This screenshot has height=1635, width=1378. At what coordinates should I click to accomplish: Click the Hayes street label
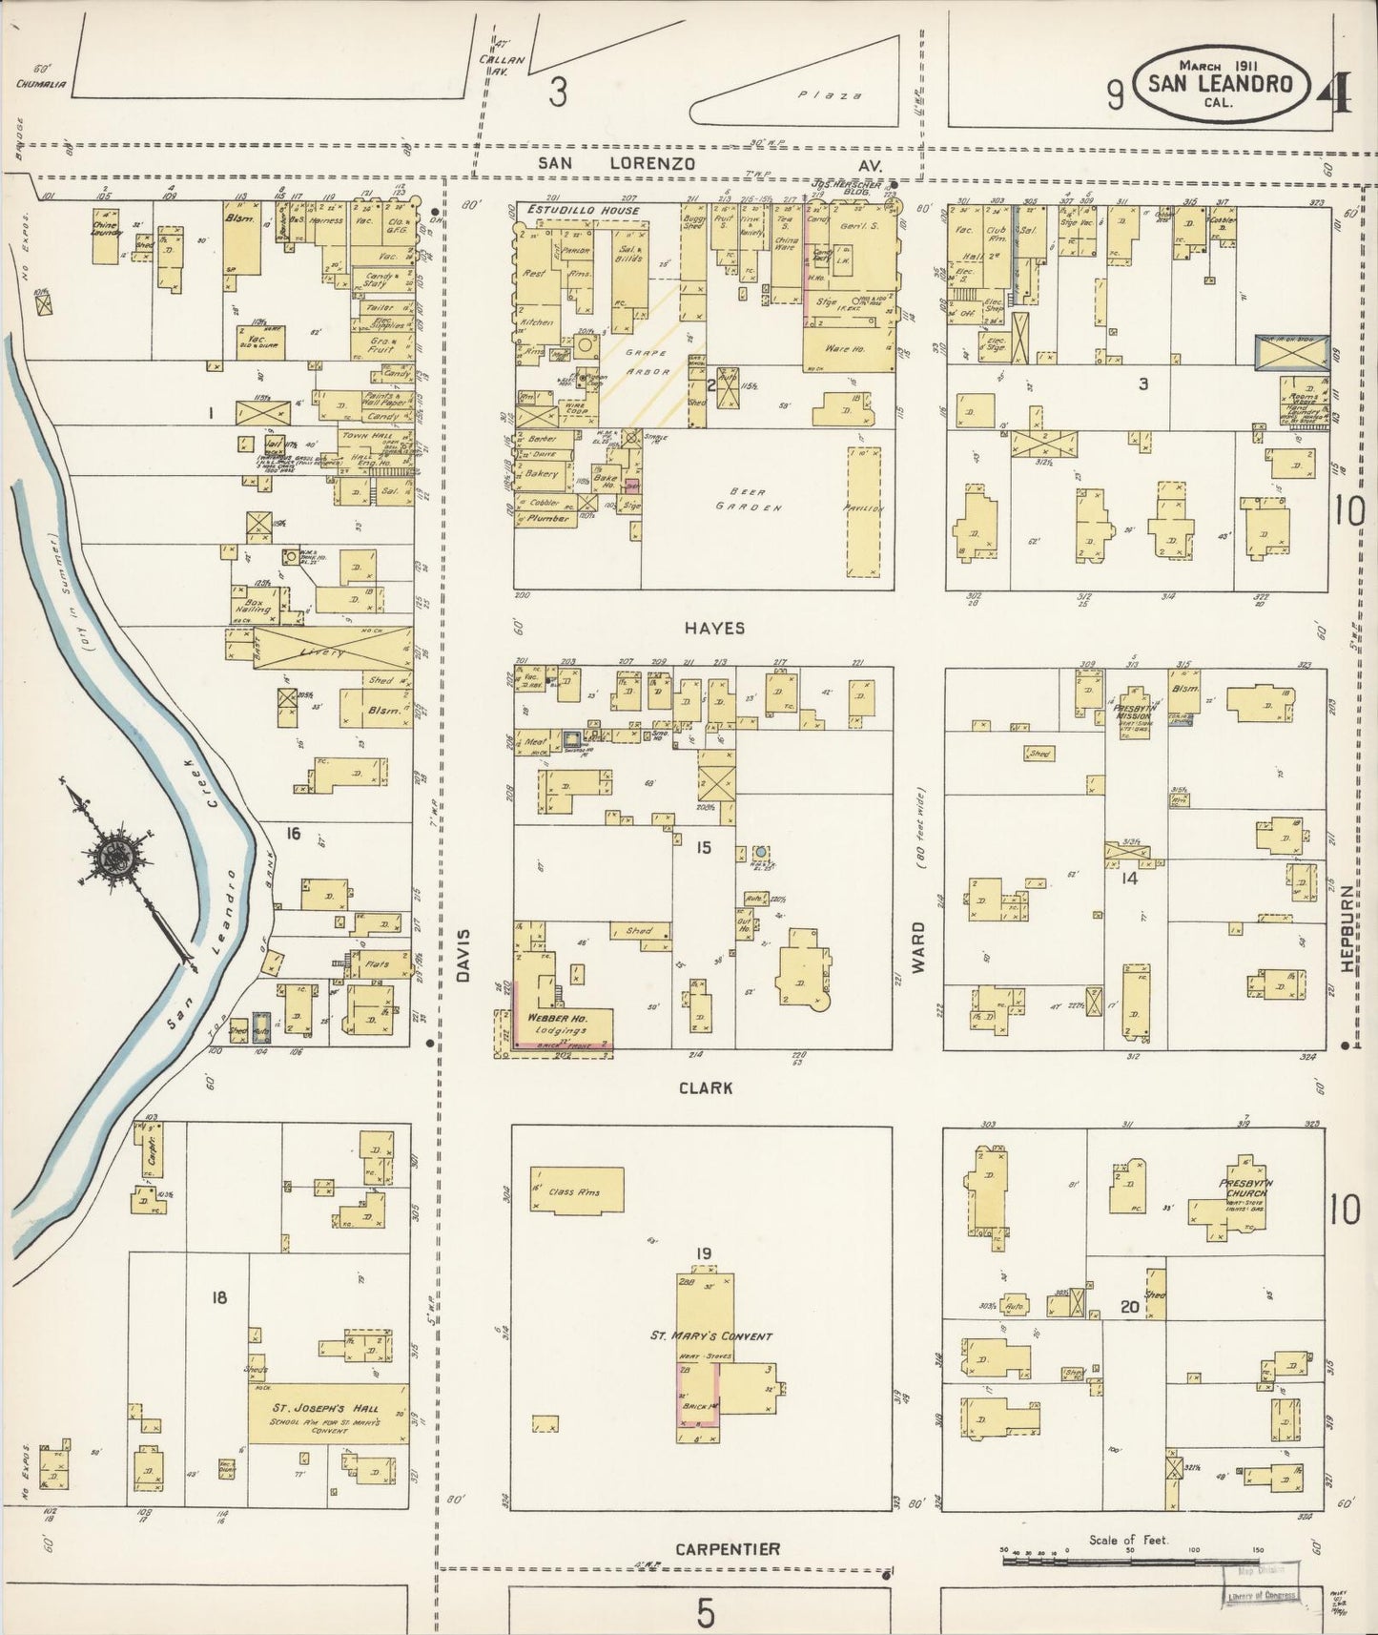pos(713,628)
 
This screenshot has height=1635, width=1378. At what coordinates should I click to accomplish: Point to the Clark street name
pos(706,1087)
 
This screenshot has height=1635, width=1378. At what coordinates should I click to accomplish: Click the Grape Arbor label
pos(649,362)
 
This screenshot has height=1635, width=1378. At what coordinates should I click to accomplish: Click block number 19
pos(704,1252)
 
